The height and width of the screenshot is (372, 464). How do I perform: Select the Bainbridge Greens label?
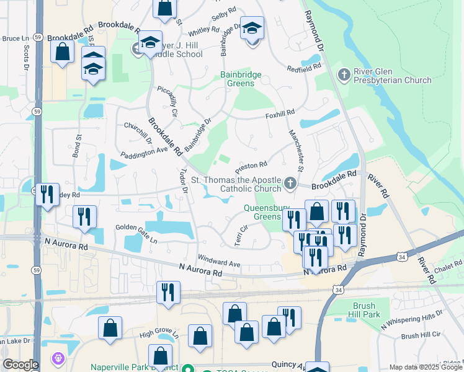241,79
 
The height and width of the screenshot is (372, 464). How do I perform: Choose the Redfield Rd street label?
308,66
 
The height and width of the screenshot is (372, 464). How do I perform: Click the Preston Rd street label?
251,168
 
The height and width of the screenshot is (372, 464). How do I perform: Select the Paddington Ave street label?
145,153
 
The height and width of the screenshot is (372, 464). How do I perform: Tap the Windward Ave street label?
218,260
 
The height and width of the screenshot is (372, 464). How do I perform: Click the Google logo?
20,365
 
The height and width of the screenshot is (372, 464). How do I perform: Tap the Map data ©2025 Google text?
426,367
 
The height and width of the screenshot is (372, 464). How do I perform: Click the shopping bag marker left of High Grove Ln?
110,329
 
